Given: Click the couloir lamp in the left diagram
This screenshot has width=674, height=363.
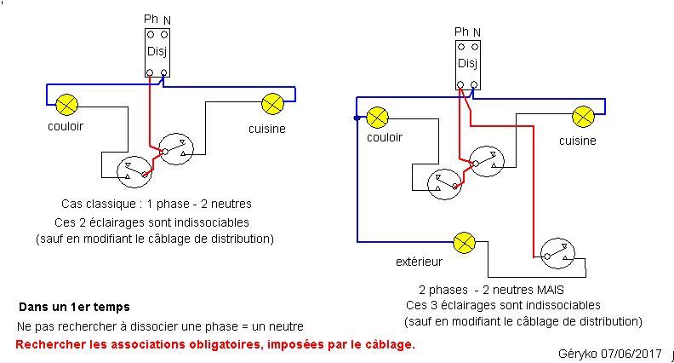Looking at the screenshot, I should [x=67, y=105].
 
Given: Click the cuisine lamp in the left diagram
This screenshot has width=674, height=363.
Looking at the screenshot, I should [x=272, y=105].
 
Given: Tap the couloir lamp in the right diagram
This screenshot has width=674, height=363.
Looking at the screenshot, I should [x=378, y=116].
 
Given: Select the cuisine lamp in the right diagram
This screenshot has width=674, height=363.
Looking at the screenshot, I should [x=583, y=116].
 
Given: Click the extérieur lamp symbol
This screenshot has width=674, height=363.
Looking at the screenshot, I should [x=465, y=242].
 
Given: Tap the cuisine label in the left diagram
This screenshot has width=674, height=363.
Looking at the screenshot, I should [x=266, y=129].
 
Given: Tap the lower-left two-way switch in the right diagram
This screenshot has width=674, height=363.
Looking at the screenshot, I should [x=446, y=181].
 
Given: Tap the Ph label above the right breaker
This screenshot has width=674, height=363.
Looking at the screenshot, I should [x=461, y=32].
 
